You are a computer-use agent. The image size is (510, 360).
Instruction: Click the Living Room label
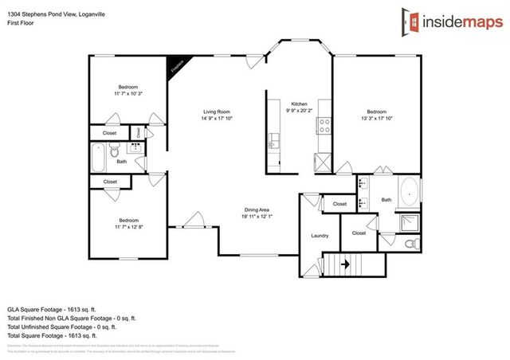(216, 112)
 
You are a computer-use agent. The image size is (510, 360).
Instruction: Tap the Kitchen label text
(299, 104)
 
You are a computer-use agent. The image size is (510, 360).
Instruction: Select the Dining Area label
(257, 209)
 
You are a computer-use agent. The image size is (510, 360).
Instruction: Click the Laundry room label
(320, 236)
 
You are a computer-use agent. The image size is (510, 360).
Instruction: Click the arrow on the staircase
(347, 263)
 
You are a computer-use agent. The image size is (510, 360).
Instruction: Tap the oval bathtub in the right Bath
(409, 191)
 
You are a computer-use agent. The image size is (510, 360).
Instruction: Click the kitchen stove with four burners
(324, 124)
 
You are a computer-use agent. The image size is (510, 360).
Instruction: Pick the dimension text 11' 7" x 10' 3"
(128, 94)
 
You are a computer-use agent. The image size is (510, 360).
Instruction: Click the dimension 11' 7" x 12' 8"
(128, 227)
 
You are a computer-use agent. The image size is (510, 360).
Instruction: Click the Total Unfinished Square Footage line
(61, 327)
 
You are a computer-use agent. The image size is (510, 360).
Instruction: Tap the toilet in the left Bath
(114, 151)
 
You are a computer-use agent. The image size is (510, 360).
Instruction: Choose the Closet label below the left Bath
(110, 182)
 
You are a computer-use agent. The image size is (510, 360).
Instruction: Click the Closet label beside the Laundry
(359, 233)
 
